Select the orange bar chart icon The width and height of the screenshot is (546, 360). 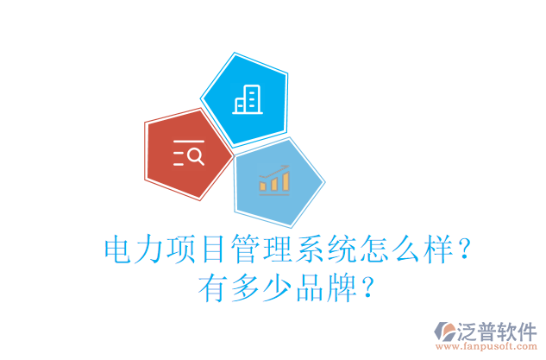[x=273, y=180]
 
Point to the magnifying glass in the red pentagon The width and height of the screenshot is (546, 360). [x=196, y=155]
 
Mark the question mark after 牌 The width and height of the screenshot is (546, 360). [x=367, y=287]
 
